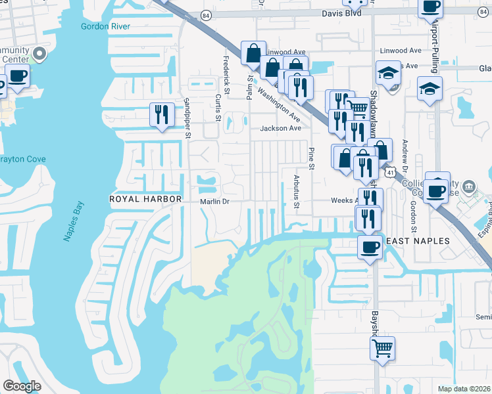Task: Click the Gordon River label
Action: click(x=105, y=26)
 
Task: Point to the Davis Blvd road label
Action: click(x=342, y=12)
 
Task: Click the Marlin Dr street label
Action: click(x=214, y=202)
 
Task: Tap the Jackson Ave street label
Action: click(x=280, y=128)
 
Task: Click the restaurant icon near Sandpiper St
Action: click(x=160, y=115)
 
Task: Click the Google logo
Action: click(x=22, y=386)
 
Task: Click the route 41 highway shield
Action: click(x=390, y=172)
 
